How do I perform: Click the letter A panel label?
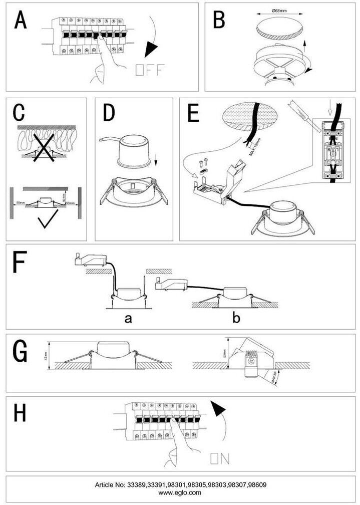[21, 21]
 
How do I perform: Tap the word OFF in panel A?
[149, 70]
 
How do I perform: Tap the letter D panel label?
[109, 114]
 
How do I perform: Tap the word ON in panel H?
[220, 458]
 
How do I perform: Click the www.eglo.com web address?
[180, 492]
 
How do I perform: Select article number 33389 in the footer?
[138, 485]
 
